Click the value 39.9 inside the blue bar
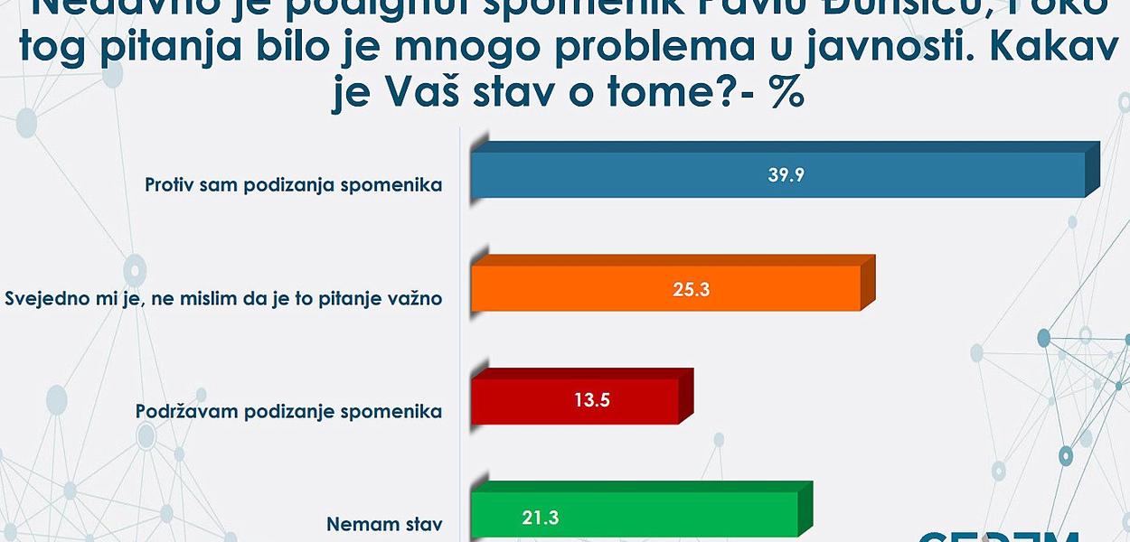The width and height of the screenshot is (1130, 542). coord(786,175)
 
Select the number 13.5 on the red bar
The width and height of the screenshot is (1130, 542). coord(591,401)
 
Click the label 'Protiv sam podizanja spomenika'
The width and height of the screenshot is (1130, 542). coord(294,185)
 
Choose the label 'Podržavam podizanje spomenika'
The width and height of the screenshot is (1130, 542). coord(288,411)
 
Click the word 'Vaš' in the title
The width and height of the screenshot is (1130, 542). coord(405,94)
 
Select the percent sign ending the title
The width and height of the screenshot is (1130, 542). coord(787,94)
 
